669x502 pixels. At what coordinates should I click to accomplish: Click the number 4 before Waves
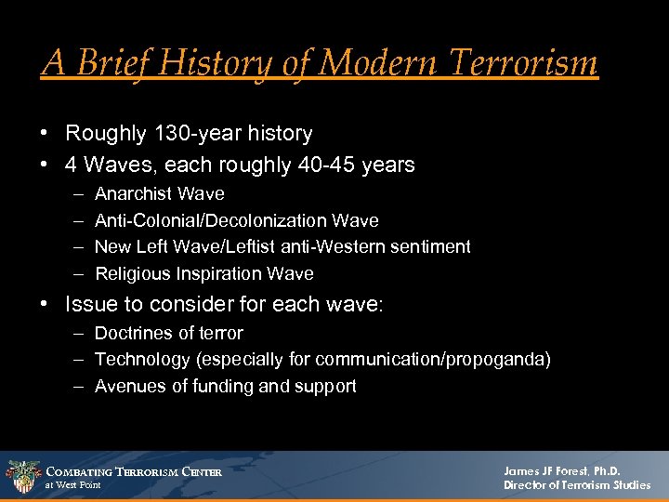(x=72, y=165)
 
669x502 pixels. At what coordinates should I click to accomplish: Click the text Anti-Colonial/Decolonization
(x=212, y=220)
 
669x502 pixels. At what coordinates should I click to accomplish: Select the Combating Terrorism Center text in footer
(x=134, y=471)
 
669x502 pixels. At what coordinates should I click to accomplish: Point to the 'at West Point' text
(x=73, y=485)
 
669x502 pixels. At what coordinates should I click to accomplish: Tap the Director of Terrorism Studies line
(x=577, y=485)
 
